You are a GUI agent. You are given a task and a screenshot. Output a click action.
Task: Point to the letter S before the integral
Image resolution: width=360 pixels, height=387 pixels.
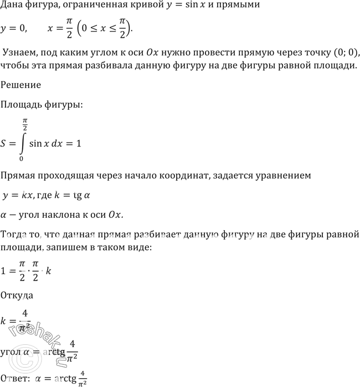[x=5, y=143]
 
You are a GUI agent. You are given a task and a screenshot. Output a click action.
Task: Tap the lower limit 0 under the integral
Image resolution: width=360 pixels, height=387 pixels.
[x=21, y=159]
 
